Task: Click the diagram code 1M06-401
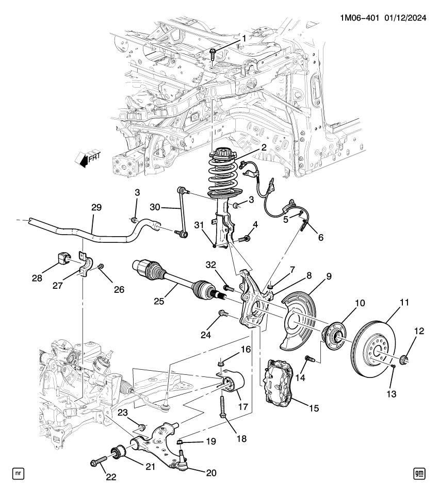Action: click(x=358, y=18)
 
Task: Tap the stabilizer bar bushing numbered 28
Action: click(x=61, y=258)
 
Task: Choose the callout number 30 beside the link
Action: click(x=155, y=207)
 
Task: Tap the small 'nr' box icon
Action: click(x=18, y=472)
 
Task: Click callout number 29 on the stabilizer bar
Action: click(x=96, y=207)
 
